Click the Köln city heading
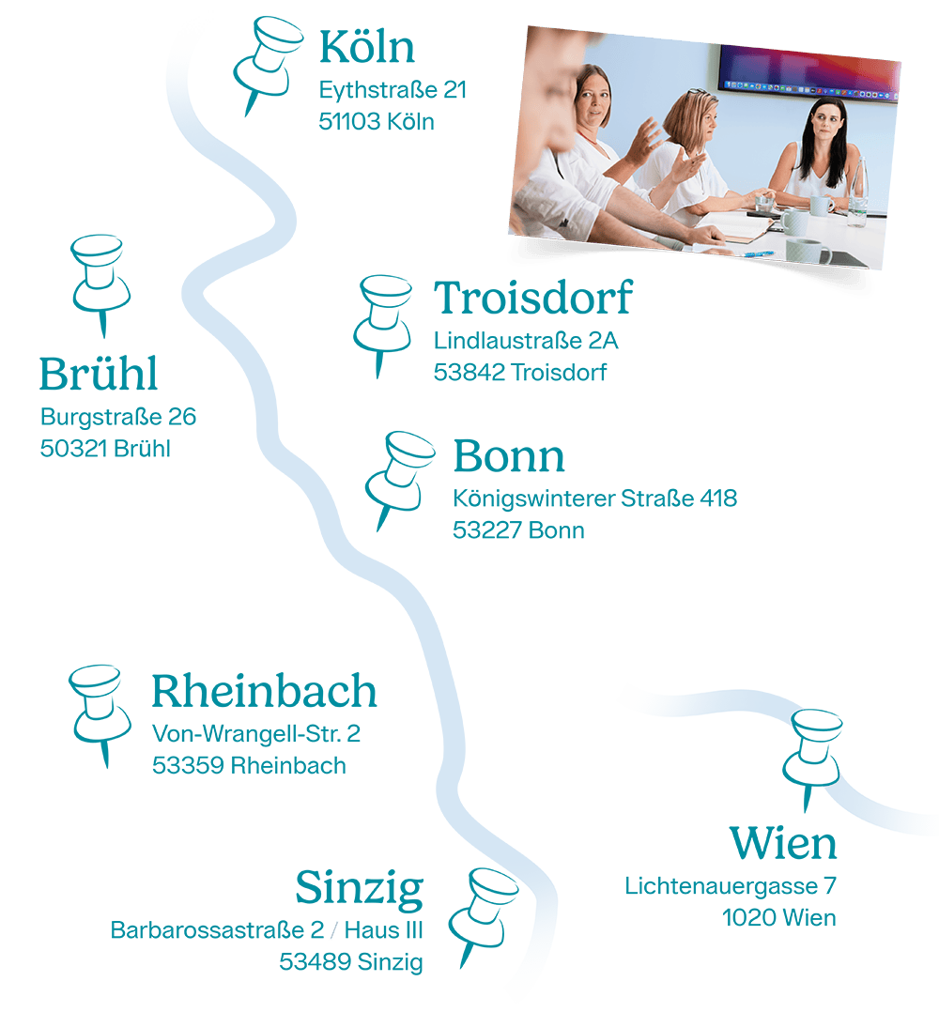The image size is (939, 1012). tap(367, 47)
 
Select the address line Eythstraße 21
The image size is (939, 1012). tap(393, 91)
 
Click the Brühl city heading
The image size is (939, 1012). tap(98, 374)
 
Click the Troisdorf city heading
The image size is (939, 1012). tap(532, 299)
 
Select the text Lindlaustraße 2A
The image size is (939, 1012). tap(526, 341)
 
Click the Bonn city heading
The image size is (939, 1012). tap(509, 456)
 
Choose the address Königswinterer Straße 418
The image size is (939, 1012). tap(594, 498)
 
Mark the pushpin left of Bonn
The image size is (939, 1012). tap(398, 475)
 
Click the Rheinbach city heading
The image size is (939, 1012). tap(264, 691)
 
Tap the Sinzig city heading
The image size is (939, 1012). tap(359, 888)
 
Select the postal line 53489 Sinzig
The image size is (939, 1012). tap(350, 961)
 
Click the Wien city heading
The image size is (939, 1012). tap(782, 842)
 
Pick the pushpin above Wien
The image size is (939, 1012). tap(812, 752)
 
